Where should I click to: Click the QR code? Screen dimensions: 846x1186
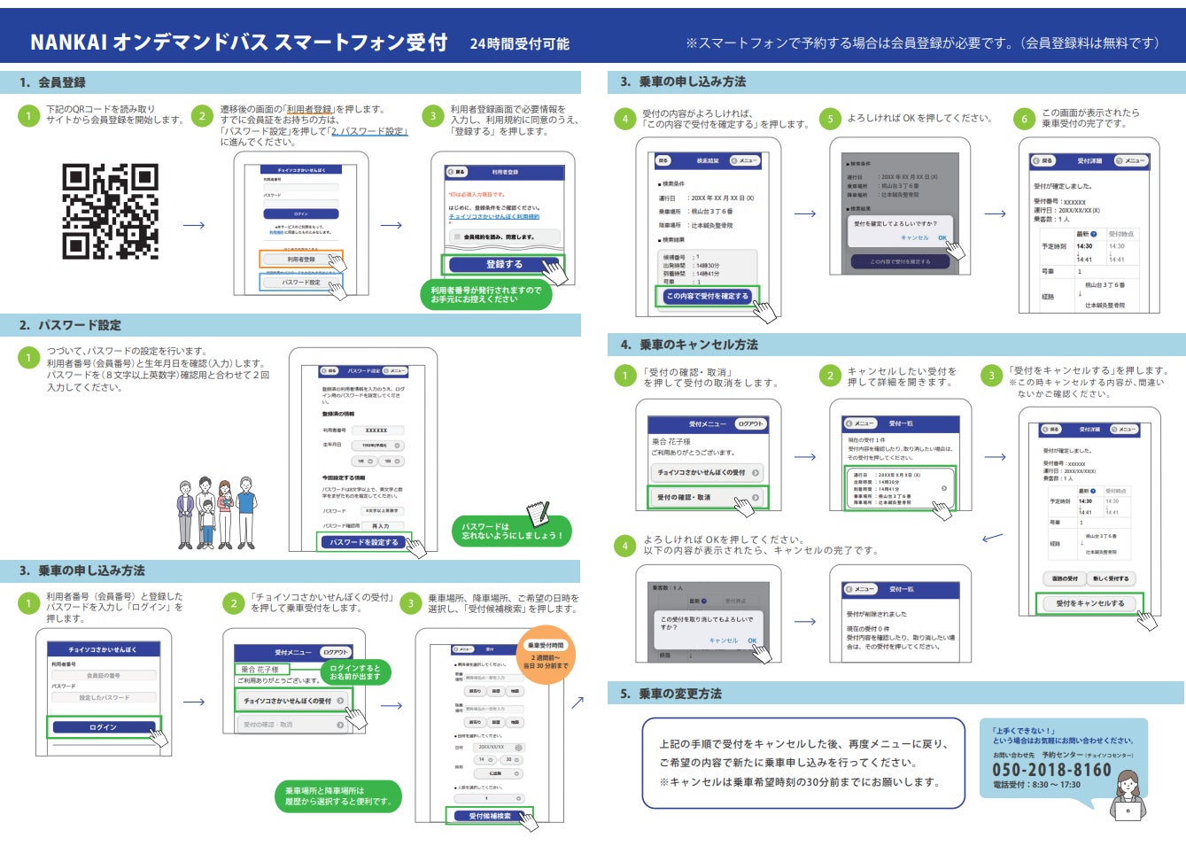click(x=110, y=211)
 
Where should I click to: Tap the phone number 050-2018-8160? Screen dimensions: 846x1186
click(x=1051, y=770)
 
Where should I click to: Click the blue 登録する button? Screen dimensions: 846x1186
click(x=502, y=264)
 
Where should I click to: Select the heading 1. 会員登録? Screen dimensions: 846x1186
click(x=53, y=82)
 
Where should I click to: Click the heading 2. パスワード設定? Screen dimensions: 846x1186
click(x=70, y=325)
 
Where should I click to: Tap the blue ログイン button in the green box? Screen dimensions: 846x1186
click(x=103, y=727)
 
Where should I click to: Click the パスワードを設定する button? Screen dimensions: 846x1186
click(x=363, y=542)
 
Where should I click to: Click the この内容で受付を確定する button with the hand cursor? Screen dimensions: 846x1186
click(x=707, y=296)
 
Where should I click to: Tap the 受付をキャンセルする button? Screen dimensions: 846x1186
click(x=1089, y=603)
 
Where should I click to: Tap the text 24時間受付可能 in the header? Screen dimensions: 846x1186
click(x=519, y=43)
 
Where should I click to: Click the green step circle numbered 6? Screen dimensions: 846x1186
click(x=1024, y=119)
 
